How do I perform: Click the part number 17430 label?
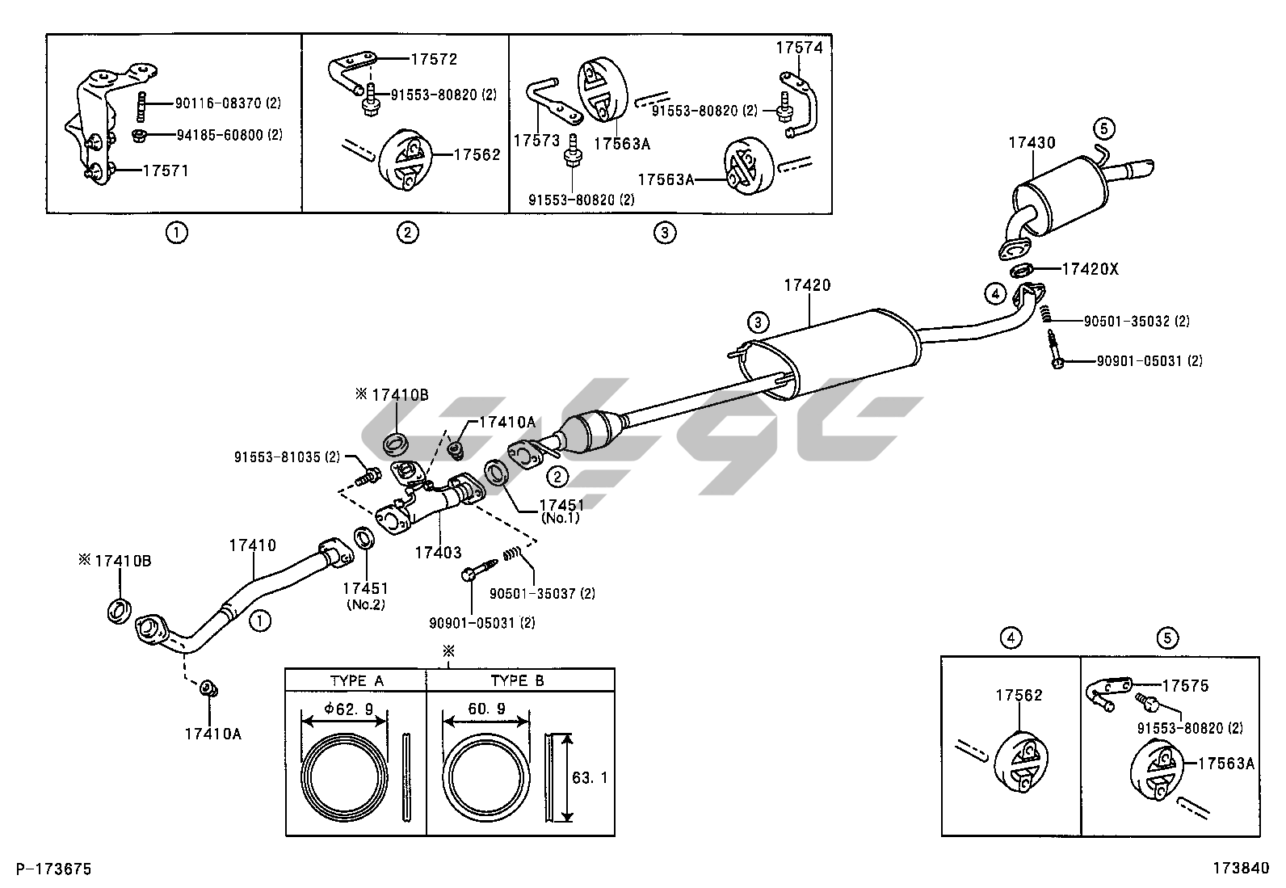(1032, 143)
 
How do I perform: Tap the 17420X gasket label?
(1090, 269)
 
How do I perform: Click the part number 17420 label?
(807, 285)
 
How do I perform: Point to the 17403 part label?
(438, 553)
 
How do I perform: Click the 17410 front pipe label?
(252, 545)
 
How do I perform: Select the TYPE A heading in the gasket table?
(356, 680)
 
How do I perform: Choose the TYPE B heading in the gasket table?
(517, 680)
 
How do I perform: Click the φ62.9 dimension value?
(348, 709)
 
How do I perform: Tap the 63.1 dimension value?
(590, 778)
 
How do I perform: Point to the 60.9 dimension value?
(488, 709)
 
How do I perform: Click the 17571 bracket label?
(166, 170)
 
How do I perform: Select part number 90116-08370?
(217, 103)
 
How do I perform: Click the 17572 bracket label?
(434, 59)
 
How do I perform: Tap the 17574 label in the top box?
(800, 48)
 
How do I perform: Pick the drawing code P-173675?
(54, 869)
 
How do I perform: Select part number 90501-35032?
(1128, 321)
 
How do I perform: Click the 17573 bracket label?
(536, 140)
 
